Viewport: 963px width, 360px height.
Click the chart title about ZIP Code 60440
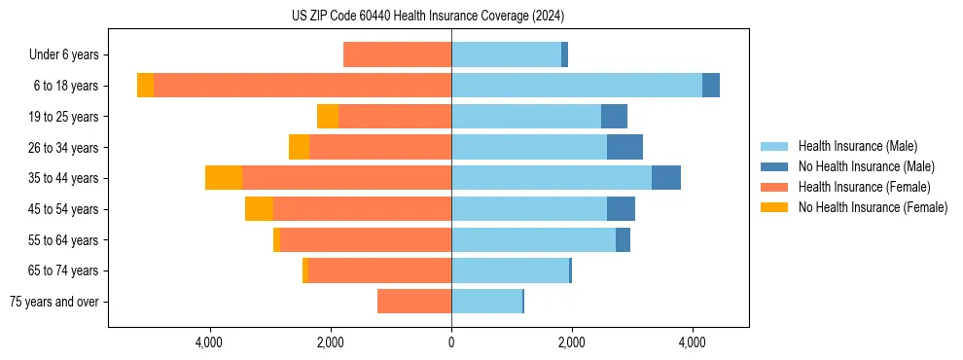(x=427, y=17)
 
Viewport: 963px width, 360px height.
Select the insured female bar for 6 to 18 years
(x=302, y=86)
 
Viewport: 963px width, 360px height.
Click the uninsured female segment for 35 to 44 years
(x=224, y=178)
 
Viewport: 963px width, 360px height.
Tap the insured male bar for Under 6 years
(x=506, y=54)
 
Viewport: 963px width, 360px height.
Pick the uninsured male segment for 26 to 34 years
(x=624, y=148)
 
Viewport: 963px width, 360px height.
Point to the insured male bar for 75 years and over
(x=486, y=302)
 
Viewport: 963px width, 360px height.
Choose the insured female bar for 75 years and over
(x=414, y=302)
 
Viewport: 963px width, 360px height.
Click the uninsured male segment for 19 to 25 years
(x=614, y=117)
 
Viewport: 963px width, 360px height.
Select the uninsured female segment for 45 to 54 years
(x=259, y=209)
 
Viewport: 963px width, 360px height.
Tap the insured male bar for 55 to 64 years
(x=533, y=240)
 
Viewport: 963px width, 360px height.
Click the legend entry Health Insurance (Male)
(x=857, y=146)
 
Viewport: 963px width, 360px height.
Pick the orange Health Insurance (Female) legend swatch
(x=774, y=187)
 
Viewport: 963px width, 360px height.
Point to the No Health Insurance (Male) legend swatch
(x=774, y=166)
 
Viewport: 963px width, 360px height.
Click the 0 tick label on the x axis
(x=451, y=342)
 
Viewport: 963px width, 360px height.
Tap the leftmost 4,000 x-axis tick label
(x=210, y=342)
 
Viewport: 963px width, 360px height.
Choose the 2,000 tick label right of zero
(x=572, y=342)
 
